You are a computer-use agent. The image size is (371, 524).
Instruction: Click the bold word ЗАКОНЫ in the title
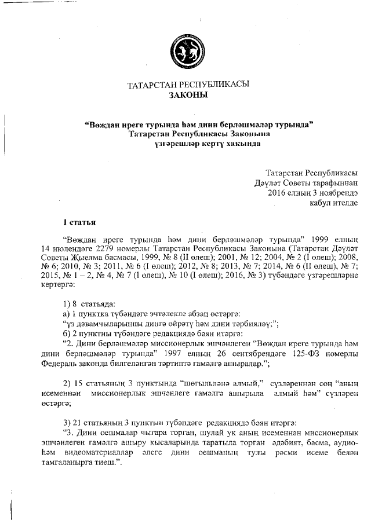point(188,95)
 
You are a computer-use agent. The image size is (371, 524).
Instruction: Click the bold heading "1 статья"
point(79,222)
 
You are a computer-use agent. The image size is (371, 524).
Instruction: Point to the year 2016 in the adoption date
point(278,193)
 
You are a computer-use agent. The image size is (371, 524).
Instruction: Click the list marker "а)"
point(67,314)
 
